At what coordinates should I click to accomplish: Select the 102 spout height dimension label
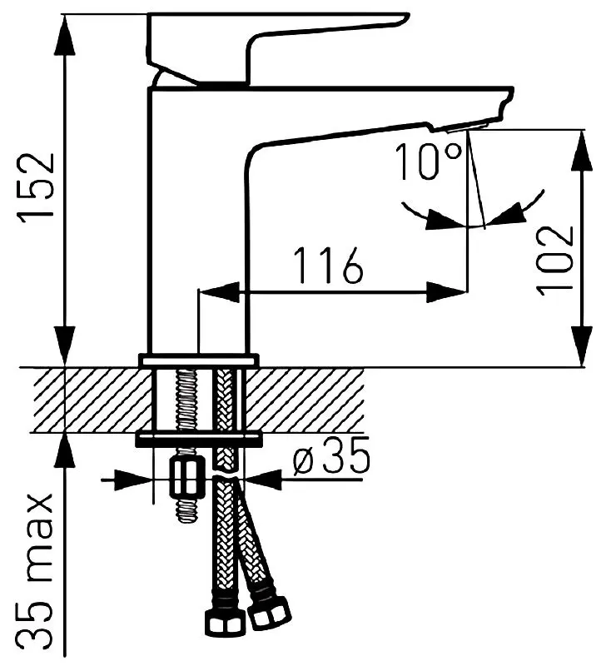pyautogui.click(x=555, y=261)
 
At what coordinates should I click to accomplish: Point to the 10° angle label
pyautogui.click(x=428, y=162)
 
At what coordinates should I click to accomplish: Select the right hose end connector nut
pyautogui.click(x=270, y=612)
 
